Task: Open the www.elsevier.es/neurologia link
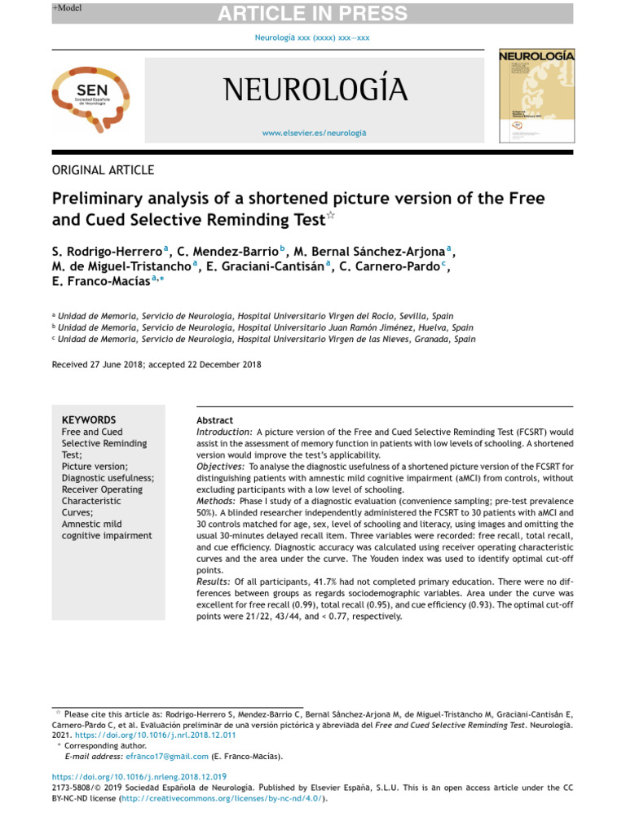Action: coord(315,132)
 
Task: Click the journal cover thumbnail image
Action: coord(536,95)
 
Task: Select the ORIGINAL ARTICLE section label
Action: coord(103,170)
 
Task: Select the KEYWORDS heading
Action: coord(89,420)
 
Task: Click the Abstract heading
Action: coord(215,420)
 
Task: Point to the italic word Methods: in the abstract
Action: coord(217,501)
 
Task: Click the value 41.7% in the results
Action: coord(326,582)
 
